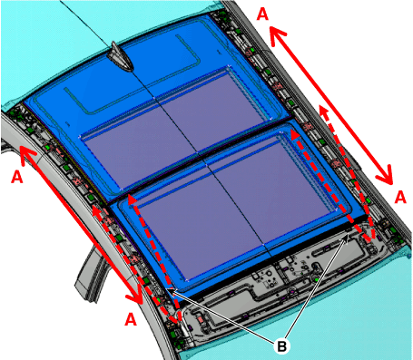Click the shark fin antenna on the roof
(x=121, y=57)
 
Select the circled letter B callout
(x=281, y=346)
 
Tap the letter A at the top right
(x=262, y=14)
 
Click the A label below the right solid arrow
(x=400, y=198)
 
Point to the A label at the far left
(x=17, y=177)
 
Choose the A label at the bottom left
(x=131, y=319)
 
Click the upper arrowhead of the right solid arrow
(x=276, y=34)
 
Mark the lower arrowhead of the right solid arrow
(x=387, y=175)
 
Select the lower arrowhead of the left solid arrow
(x=135, y=295)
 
